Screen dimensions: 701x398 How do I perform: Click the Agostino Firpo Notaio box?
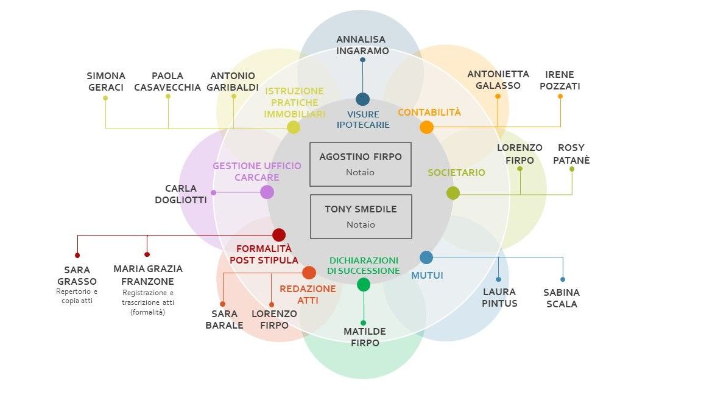pyautogui.click(x=361, y=164)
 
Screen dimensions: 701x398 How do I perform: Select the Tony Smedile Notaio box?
pyautogui.click(x=361, y=217)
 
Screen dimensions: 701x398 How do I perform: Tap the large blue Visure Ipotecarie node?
pyautogui.click(x=362, y=99)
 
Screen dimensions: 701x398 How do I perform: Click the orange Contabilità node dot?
pyautogui.click(x=426, y=127)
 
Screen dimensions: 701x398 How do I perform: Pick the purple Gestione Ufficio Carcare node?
pyautogui.click(x=267, y=192)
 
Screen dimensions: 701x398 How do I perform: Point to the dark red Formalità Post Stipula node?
pyautogui.click(x=279, y=234)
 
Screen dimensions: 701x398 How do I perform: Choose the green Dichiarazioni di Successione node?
pyautogui.click(x=364, y=284)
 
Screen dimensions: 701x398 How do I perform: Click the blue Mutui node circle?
pyautogui.click(x=426, y=257)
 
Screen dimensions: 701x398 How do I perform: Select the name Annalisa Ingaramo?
pyautogui.click(x=362, y=45)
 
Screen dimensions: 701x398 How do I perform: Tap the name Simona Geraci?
pyautogui.click(x=106, y=82)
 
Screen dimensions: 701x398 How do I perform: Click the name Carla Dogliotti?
pyautogui.click(x=181, y=194)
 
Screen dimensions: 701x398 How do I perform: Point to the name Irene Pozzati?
pyautogui.click(x=560, y=80)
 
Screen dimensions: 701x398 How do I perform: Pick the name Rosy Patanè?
pyautogui.click(x=571, y=153)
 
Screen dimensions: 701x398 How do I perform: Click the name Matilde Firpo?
pyautogui.click(x=365, y=337)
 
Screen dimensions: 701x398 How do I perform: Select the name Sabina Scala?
pyautogui.click(x=562, y=298)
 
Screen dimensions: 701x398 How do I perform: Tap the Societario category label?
pyautogui.click(x=456, y=172)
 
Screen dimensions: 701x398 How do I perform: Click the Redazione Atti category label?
pyautogui.click(x=308, y=295)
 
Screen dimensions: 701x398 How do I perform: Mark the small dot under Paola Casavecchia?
pyautogui.click(x=168, y=96)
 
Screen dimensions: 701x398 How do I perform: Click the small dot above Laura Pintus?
pyautogui.click(x=498, y=279)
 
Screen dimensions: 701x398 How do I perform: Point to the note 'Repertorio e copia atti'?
pyautogui.click(x=77, y=296)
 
